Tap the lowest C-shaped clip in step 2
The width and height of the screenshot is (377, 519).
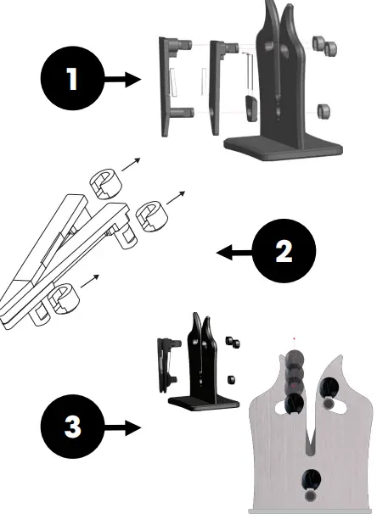[x=62, y=299]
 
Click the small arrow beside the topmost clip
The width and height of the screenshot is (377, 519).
[x=132, y=164]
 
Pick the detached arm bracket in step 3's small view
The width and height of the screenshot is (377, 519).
[x=166, y=360]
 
